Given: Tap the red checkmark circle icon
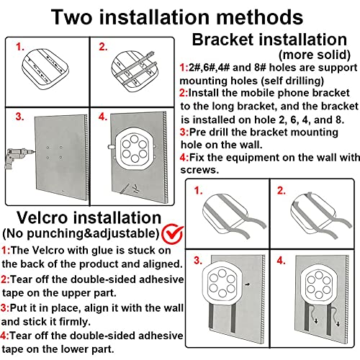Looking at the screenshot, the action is (x=172, y=234).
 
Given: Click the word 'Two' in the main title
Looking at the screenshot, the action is (x=72, y=17).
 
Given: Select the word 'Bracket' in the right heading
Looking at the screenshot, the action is (x=223, y=40).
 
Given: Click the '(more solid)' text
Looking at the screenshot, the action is (x=315, y=55).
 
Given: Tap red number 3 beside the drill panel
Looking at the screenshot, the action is (x=19, y=117).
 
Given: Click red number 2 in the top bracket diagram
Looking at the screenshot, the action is (x=103, y=47).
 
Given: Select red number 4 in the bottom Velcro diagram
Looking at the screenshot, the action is (x=281, y=261).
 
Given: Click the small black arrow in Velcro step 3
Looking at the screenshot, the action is (x=248, y=284).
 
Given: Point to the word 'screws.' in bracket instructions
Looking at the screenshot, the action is (x=199, y=170).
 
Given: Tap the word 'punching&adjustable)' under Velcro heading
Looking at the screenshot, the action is (x=93, y=233).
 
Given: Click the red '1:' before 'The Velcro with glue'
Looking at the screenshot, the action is (x=6, y=251).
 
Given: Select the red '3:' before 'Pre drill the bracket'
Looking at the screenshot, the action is (x=184, y=132).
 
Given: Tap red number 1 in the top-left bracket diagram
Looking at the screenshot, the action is (x=20, y=47).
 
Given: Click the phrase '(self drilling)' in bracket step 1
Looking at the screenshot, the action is (x=292, y=81).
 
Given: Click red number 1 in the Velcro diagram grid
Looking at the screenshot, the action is (x=198, y=191).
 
